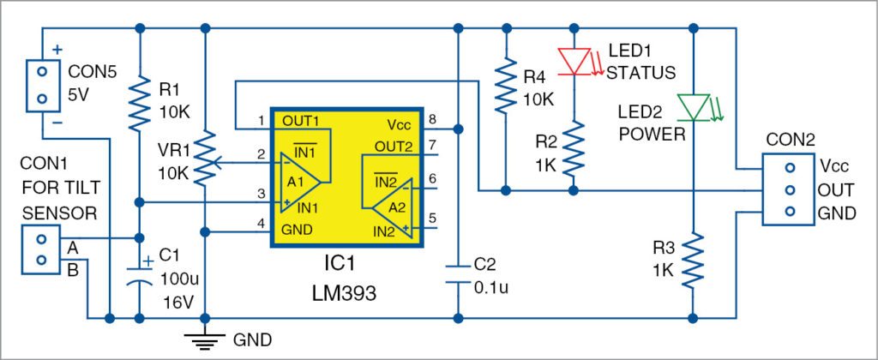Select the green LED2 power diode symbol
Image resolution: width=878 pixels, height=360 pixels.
pos(692,106)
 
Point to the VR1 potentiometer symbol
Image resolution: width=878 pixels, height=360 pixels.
pos(205,159)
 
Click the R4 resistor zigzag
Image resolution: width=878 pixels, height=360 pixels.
pos(507,86)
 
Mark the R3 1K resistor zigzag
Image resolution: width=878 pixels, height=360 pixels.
pos(692,260)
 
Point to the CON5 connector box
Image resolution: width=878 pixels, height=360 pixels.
pos(40,86)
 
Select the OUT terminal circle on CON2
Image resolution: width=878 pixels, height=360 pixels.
pos(789,189)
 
